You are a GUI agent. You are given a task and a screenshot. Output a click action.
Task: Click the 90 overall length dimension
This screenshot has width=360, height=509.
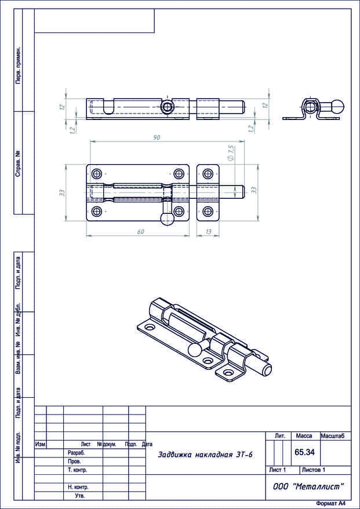pos(156,137)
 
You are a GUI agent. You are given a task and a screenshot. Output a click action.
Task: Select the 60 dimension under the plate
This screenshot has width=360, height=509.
pos(140,231)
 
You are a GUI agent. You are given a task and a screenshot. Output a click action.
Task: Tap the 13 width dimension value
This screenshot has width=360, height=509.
pos(209,231)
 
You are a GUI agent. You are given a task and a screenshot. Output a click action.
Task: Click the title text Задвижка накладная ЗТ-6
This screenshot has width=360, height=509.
pos(205,455)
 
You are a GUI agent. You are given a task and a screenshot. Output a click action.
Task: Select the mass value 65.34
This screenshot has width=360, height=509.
pos(304,452)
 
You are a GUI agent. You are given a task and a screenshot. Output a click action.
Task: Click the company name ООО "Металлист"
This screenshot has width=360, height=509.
pos(308,486)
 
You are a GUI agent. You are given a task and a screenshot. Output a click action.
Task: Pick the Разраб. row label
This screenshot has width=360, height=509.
pos(77,453)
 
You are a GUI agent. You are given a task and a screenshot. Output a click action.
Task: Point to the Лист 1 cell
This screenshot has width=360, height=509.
pos(278,470)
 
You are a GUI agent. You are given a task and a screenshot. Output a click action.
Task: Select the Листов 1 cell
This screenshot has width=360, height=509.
pos(314,470)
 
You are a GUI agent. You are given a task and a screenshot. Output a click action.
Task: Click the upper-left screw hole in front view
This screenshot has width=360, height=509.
pos(97,173)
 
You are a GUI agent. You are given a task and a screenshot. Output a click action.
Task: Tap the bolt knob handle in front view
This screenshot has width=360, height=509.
pos(166,220)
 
